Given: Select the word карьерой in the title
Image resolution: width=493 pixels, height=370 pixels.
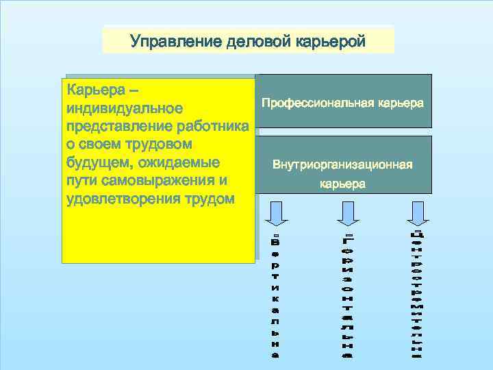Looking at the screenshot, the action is tap(331, 41).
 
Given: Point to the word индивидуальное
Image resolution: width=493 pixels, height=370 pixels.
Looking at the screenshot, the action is tap(124, 108).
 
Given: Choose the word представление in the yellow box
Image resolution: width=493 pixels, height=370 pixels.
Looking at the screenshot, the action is tap(116, 127).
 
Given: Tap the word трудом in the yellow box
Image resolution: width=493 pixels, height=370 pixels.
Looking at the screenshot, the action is tap(208, 199).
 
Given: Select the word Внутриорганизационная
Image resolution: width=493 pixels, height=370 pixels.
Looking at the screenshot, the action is tap(342, 165).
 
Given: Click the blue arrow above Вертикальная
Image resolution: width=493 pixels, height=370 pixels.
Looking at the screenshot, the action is tap(275, 213).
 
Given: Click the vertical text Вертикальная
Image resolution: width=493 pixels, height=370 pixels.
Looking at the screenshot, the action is tap(275, 298).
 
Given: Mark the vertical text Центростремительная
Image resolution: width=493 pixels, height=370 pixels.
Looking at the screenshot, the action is tap(416, 295).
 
